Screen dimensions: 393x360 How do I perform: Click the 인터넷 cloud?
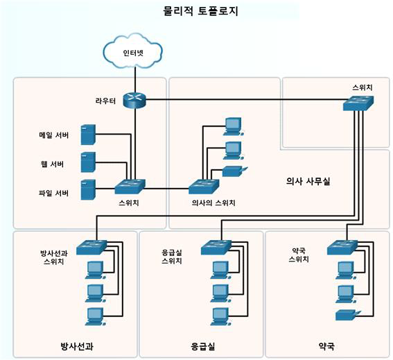[x=133, y=51]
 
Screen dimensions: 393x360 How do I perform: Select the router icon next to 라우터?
[x=134, y=100]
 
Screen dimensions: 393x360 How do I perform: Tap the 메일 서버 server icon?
[x=88, y=135]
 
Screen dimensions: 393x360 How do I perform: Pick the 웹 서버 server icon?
[x=88, y=162]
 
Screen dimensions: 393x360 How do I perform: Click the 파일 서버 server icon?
[x=88, y=189]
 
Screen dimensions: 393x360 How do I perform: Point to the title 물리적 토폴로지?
[x=200, y=11]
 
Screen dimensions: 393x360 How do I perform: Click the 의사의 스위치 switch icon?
[x=204, y=187]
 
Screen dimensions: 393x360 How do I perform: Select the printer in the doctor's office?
[x=234, y=171]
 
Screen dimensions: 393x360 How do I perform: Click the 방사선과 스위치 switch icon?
[x=91, y=248]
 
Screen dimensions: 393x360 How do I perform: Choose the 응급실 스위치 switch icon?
[x=216, y=248]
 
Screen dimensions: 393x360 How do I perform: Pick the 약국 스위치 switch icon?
[x=342, y=248]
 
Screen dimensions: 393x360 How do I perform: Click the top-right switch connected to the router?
[x=358, y=103]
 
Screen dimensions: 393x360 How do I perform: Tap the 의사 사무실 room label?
[x=308, y=181]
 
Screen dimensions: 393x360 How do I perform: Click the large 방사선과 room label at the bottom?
[x=77, y=346]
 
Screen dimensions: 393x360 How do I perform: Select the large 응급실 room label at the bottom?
[x=203, y=346]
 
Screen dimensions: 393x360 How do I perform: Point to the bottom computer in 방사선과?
[x=95, y=316]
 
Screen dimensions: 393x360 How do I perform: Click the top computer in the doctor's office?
[x=234, y=127]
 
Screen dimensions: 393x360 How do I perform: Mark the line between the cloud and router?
[x=135, y=80]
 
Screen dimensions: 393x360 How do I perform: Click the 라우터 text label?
[x=105, y=101]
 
